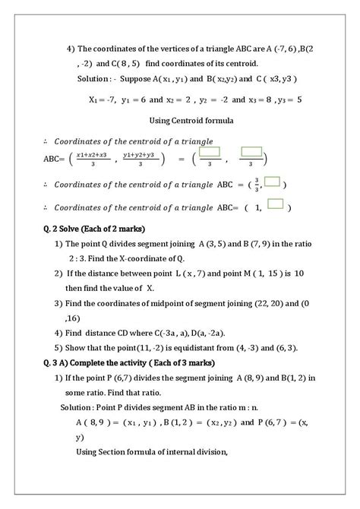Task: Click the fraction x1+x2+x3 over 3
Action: click(x=93, y=158)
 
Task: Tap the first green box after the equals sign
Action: click(x=210, y=153)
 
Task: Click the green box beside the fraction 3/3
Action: click(x=273, y=182)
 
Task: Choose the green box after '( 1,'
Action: click(x=276, y=204)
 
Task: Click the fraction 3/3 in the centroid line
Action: click(x=257, y=185)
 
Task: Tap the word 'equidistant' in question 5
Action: click(x=194, y=348)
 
